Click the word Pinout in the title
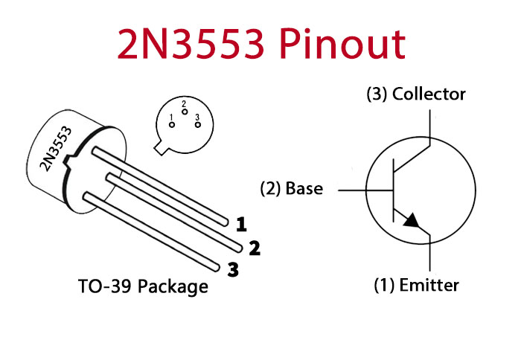tap(342, 44)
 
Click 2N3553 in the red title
tap(191, 44)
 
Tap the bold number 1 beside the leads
tap(241, 224)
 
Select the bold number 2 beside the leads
tap(255, 248)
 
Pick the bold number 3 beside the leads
tap(233, 269)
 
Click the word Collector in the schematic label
tap(429, 94)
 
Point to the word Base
tap(304, 188)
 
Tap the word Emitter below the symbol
tap(429, 285)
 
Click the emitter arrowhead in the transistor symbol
tap(412, 220)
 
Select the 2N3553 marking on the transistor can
tap(56, 149)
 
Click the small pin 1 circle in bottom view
tap(172, 125)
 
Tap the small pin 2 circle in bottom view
tap(185, 112)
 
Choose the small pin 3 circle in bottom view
tap(198, 125)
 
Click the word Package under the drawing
tap(173, 287)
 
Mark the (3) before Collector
tap(377, 94)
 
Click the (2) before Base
tap(270, 189)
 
